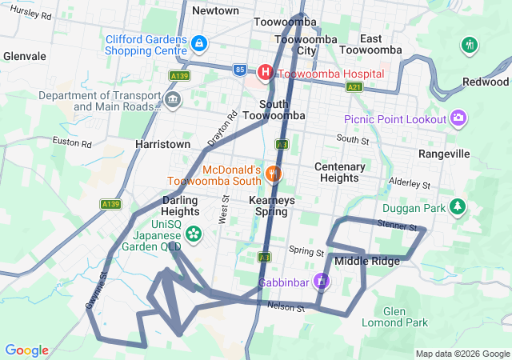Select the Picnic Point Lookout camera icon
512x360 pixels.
(458, 118)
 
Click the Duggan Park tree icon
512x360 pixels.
(458, 206)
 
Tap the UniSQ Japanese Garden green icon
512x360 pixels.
(193, 234)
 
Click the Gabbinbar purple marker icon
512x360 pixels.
(321, 281)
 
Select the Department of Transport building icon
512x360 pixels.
(174, 99)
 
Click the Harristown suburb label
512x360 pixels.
(163, 144)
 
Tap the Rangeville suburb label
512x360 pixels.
(442, 152)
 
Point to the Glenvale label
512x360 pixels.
(25, 57)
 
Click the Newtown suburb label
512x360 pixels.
(215, 11)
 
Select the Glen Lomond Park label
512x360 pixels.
(394, 317)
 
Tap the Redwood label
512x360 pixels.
(486, 82)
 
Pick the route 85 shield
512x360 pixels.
(241, 70)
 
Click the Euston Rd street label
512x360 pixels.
(73, 142)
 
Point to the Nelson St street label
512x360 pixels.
(286, 306)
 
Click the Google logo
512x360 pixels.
(26, 350)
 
